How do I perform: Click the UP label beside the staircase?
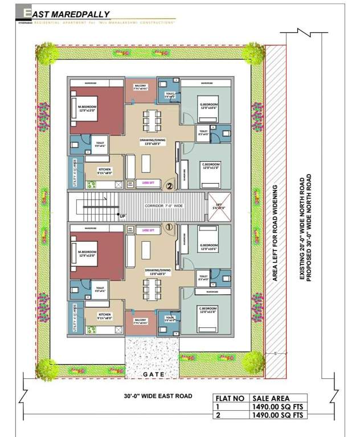click(122, 216)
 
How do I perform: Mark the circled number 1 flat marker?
click(169, 227)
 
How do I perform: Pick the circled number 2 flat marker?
click(169, 185)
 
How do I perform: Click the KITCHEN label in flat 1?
click(104, 315)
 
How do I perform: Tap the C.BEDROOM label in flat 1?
click(210, 311)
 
